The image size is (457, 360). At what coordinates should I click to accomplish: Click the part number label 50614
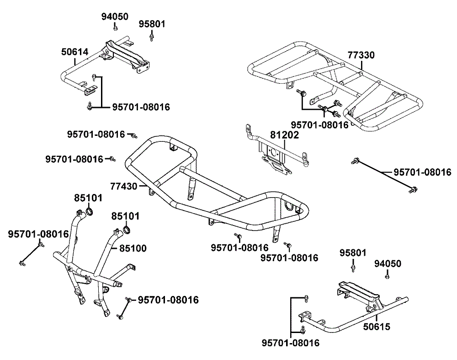tap(74, 52)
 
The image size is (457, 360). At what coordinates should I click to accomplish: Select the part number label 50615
tap(377, 327)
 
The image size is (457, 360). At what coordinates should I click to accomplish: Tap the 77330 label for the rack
tap(361, 55)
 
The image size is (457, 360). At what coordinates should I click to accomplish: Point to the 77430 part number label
tap(123, 186)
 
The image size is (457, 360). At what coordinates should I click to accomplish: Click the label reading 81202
tap(284, 135)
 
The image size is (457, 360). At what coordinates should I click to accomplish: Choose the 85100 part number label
tap(133, 248)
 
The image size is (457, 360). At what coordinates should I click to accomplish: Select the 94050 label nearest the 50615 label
tap(388, 263)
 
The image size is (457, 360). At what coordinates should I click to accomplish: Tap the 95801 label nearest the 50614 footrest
tap(152, 24)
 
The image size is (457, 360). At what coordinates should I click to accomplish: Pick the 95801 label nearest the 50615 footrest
tap(353, 253)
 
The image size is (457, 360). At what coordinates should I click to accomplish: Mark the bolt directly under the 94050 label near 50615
tap(388, 275)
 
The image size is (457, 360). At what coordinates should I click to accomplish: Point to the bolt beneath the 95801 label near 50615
tap(353, 266)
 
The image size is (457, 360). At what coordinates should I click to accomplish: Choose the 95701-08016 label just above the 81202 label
tap(319, 124)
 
